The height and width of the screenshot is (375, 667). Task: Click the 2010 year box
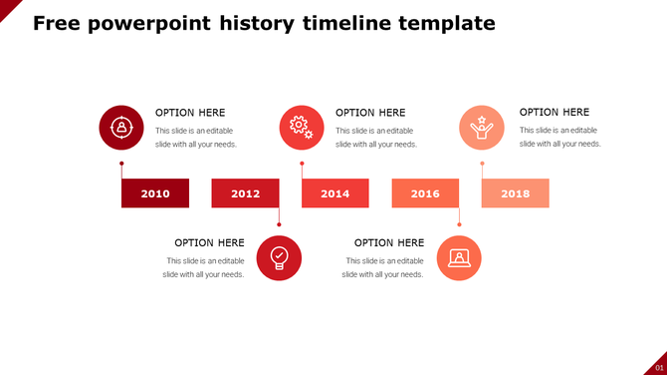(x=155, y=193)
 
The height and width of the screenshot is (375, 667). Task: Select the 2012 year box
(x=245, y=193)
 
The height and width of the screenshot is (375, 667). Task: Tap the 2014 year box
(x=335, y=193)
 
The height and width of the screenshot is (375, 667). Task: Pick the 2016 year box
(x=425, y=193)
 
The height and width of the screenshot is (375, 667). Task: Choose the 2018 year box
(x=516, y=193)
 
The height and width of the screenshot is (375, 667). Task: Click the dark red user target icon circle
(x=121, y=128)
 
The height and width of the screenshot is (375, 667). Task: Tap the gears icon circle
(x=302, y=128)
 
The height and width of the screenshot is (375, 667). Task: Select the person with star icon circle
(x=482, y=128)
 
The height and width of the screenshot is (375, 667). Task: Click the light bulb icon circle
(x=279, y=257)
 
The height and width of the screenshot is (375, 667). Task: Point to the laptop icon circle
(x=459, y=257)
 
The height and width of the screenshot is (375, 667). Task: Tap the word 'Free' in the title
(x=57, y=23)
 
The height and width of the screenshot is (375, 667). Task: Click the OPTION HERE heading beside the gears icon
(x=370, y=113)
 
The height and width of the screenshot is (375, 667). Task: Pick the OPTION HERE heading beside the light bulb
(x=209, y=242)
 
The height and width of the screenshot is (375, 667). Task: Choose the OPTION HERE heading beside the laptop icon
(x=389, y=242)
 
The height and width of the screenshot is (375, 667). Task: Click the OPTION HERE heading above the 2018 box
(x=555, y=113)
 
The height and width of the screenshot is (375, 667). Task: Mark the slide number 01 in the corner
(x=657, y=367)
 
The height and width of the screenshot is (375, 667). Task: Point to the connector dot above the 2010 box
(x=121, y=164)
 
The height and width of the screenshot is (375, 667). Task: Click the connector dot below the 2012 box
(x=279, y=224)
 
